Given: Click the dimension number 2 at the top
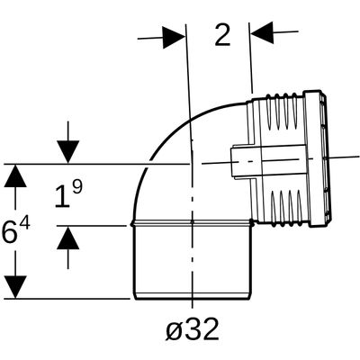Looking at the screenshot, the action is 222,35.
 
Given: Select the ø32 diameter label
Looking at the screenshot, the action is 192,329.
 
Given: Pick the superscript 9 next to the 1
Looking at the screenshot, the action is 77,188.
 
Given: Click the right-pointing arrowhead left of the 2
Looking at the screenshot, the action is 174,38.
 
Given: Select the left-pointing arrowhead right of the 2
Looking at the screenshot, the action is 262,32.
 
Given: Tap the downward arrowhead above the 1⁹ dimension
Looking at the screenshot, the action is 68,152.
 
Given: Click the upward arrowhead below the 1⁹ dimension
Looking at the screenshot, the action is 68,238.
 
